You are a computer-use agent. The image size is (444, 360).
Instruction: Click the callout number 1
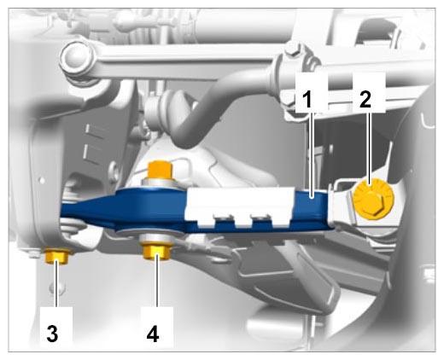(x=307, y=100)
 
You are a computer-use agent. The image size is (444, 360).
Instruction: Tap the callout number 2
(x=365, y=100)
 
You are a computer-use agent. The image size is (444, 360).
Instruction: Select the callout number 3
(x=53, y=334)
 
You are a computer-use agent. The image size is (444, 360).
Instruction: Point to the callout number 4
(x=153, y=334)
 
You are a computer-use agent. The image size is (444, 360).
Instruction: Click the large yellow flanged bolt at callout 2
(x=372, y=199)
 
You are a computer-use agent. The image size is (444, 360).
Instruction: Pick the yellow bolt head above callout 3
(x=56, y=257)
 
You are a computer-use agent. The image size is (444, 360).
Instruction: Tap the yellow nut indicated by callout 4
(x=156, y=251)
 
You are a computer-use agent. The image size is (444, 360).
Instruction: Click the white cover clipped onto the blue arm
(x=240, y=206)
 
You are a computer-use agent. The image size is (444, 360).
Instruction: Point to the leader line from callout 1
(x=312, y=154)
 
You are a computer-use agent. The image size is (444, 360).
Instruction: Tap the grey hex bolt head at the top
(x=293, y=49)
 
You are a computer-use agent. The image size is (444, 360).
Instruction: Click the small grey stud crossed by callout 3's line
(x=56, y=287)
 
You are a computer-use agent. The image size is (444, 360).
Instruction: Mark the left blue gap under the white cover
(x=225, y=222)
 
